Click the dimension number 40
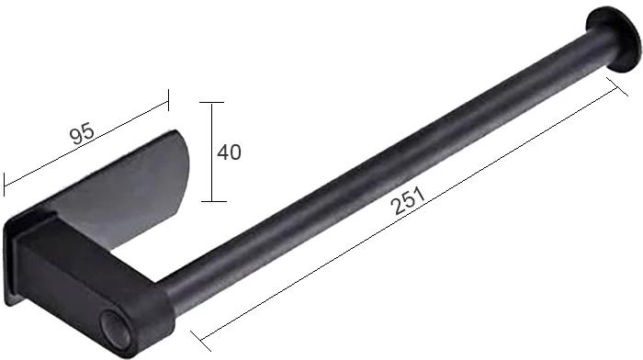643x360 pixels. coord(230,152)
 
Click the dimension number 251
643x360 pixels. coord(409,200)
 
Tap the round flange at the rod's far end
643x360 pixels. coord(613,39)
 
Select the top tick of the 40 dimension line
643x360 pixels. coord(211,103)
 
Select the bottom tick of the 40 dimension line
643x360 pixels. coord(214,201)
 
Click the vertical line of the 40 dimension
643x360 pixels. coord(212,152)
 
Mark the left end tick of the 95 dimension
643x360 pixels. coord(4,184)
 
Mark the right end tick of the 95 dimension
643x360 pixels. coord(168,99)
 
